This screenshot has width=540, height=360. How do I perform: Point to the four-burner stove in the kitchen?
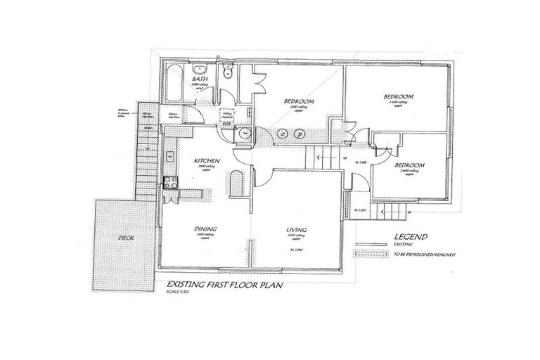pos(170,183)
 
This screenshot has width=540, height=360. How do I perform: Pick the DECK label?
pos(125,238)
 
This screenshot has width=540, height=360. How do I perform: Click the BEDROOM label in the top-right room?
pos(398,96)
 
